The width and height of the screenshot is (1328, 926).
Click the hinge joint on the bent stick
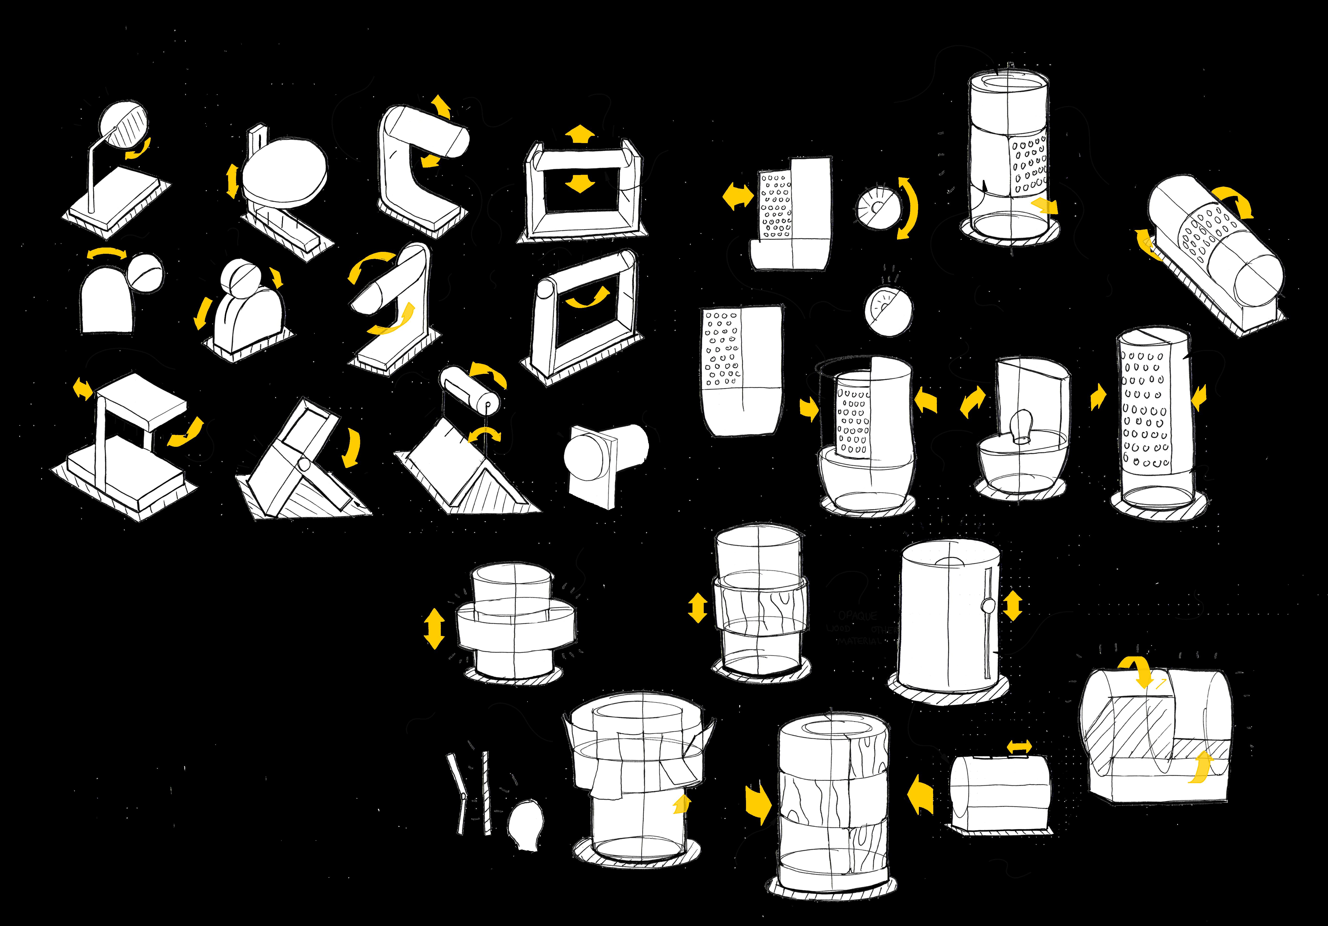point(463,796)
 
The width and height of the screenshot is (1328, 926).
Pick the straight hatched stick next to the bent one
point(486,792)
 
